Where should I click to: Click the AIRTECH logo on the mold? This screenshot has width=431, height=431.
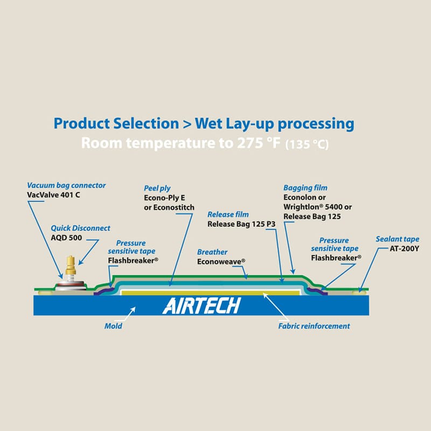click(201, 305)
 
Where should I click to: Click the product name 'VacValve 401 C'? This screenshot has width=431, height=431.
click(53, 194)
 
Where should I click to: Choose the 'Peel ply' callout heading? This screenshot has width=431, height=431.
click(157, 188)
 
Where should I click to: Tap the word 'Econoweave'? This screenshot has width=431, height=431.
click(220, 261)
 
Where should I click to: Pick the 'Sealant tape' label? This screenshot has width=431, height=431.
click(397, 239)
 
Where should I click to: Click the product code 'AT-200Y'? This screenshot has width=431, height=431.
click(404, 249)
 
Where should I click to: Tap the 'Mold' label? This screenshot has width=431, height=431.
click(113, 326)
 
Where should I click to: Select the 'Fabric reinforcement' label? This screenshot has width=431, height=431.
click(314, 326)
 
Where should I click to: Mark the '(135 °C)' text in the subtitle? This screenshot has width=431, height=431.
click(307, 144)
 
